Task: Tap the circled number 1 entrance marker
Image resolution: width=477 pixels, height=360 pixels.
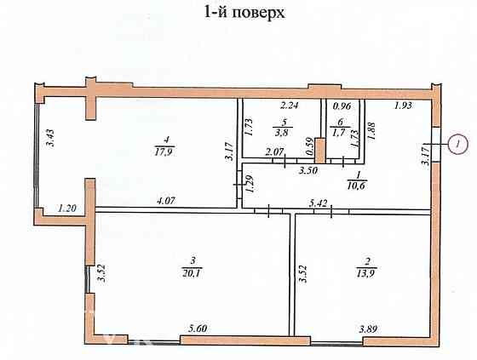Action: (457, 145)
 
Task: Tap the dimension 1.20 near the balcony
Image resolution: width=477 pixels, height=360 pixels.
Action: (68, 205)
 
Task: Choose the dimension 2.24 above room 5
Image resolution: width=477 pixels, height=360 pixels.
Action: (291, 107)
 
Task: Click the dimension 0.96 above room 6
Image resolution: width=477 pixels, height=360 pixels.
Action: (342, 107)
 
